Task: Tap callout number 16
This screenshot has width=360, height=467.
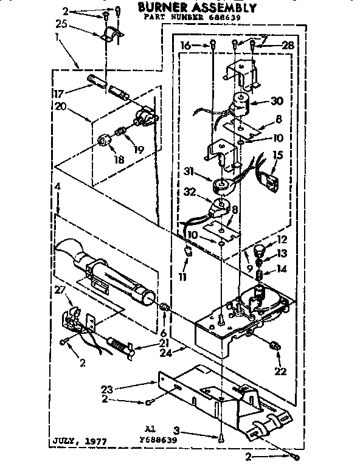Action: pyautogui.click(x=186, y=44)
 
